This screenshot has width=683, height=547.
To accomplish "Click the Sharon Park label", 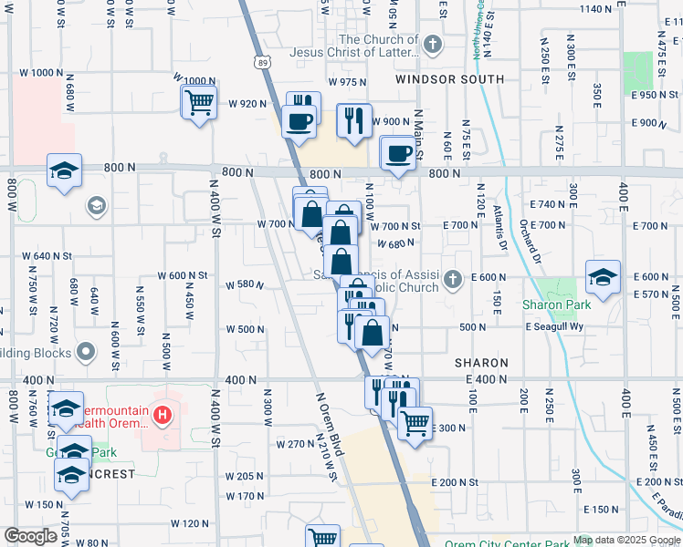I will [557, 304].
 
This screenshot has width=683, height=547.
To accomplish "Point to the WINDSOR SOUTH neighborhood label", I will [449, 79].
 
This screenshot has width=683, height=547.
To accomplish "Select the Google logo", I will [29, 536].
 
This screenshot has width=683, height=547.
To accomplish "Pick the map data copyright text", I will [626, 540].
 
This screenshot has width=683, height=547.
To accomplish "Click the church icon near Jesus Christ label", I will [433, 43].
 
